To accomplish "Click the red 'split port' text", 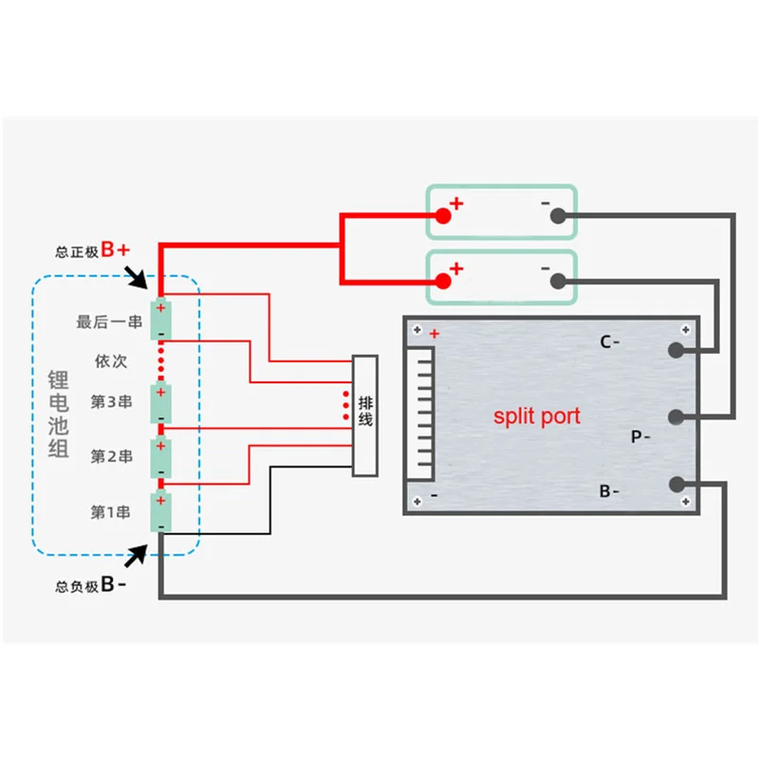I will tap(536, 416).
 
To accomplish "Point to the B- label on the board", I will tap(609, 491).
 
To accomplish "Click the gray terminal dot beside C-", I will tap(676, 349).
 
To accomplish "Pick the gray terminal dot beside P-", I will tap(676, 417).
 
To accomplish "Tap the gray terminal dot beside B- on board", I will tap(676, 484).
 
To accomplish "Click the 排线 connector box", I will tap(365, 416).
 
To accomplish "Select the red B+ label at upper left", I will tap(116, 250).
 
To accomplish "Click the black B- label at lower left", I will tap(114, 585).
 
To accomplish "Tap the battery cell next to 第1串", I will tap(160, 512).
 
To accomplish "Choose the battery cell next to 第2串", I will tap(160, 457).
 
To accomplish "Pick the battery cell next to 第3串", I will tap(160, 403).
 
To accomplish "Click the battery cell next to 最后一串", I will tap(160, 321).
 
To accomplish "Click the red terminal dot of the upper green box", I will tap(442, 215).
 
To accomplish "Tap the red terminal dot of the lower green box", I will tap(442, 281).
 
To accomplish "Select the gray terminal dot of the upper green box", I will tap(558, 215).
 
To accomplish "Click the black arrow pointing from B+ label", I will tap(137, 277).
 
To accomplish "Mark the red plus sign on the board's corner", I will tap(435, 334).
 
